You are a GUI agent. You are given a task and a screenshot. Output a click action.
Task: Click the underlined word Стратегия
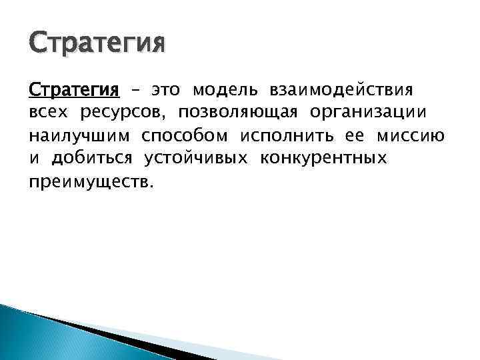74,89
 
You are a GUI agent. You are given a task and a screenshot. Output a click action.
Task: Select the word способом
184,137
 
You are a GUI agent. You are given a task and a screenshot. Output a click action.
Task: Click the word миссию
411,137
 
